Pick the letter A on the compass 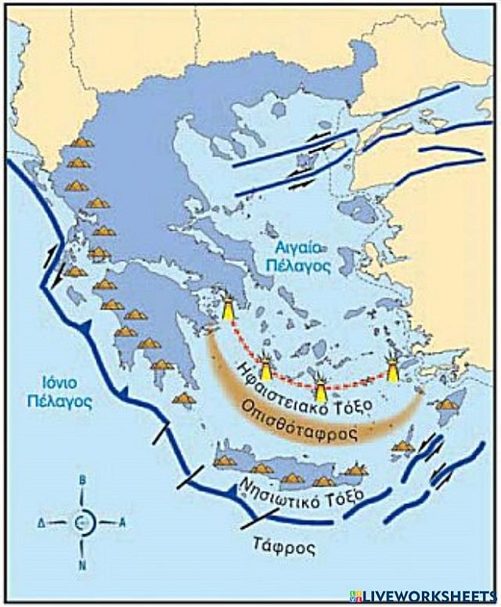(x=121, y=522)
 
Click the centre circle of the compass (x=85, y=522)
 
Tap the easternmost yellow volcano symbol (x=393, y=368)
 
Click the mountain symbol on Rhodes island (x=447, y=404)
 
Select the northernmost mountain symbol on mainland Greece (x=81, y=142)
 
